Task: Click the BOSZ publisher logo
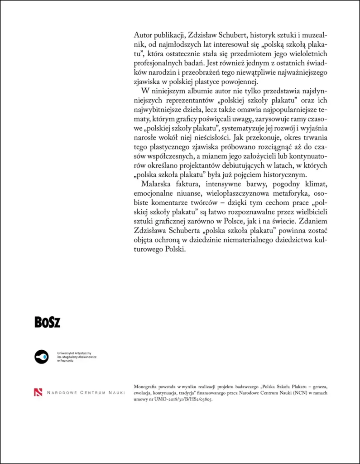click(x=48, y=322)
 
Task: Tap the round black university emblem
click(x=42, y=357)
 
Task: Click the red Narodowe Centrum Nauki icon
click(x=38, y=392)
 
